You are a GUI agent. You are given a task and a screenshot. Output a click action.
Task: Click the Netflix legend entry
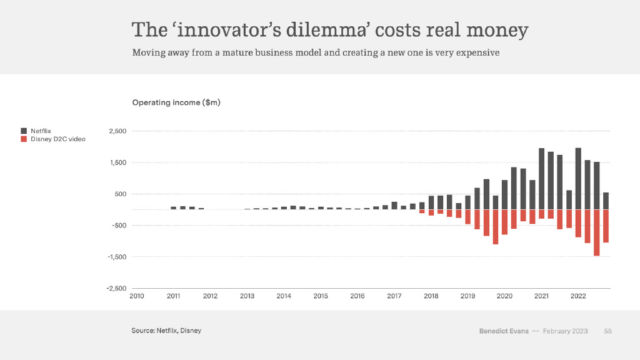pyautogui.click(x=41, y=131)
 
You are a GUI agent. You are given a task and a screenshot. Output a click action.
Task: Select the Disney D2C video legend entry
pyautogui.click(x=57, y=139)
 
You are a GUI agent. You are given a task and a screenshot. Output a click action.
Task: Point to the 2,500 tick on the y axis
pyautogui.click(x=117, y=131)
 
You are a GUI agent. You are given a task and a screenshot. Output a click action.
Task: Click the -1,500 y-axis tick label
pyautogui.click(x=117, y=257)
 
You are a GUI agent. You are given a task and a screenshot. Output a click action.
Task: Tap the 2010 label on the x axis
pyautogui.click(x=137, y=296)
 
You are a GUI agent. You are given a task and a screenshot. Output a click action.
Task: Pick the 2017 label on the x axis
pyautogui.click(x=394, y=296)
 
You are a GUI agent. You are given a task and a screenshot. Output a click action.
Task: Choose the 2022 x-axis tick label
pyautogui.click(x=578, y=296)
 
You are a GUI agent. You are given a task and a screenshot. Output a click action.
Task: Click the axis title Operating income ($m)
pyautogui.click(x=176, y=102)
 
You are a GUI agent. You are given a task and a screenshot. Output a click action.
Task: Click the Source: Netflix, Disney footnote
pyautogui.click(x=166, y=331)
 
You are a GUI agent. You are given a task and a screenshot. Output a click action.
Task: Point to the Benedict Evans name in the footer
pyautogui.click(x=503, y=331)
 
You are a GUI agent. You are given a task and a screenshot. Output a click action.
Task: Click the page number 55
pyautogui.click(x=607, y=331)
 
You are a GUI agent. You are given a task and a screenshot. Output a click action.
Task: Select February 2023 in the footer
pyautogui.click(x=565, y=331)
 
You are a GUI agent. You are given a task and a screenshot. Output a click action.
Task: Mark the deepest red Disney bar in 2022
pyautogui.click(x=597, y=232)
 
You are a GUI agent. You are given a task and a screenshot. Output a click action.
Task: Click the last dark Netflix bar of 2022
pyautogui.click(x=606, y=201)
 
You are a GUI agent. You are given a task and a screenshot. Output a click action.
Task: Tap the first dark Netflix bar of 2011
pyautogui.click(x=174, y=208)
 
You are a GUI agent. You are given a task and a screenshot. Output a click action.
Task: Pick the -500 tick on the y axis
pyautogui.click(x=118, y=225)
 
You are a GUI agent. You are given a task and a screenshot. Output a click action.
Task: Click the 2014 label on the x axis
pyautogui.click(x=284, y=296)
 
